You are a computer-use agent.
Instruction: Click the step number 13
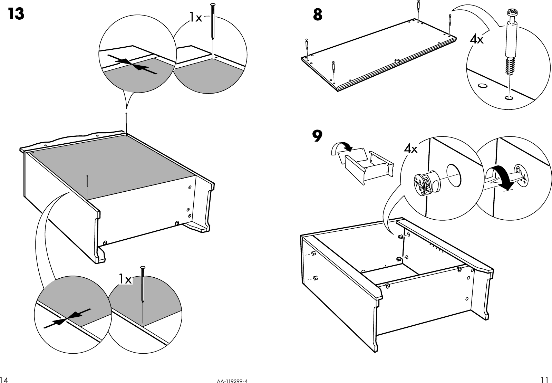[x=16, y=14]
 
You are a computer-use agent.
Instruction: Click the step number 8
[x=318, y=15]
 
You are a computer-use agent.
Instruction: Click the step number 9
[x=317, y=136]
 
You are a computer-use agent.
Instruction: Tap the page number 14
[x=4, y=380]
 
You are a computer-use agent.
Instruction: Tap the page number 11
[x=544, y=380]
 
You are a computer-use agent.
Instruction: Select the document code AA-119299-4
[x=232, y=381]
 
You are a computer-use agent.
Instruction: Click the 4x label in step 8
[x=477, y=40]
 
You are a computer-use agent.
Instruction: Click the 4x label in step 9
[x=411, y=149]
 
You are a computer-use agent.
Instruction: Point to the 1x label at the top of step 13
[x=195, y=17]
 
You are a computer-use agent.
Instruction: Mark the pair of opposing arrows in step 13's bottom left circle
[x=68, y=318]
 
